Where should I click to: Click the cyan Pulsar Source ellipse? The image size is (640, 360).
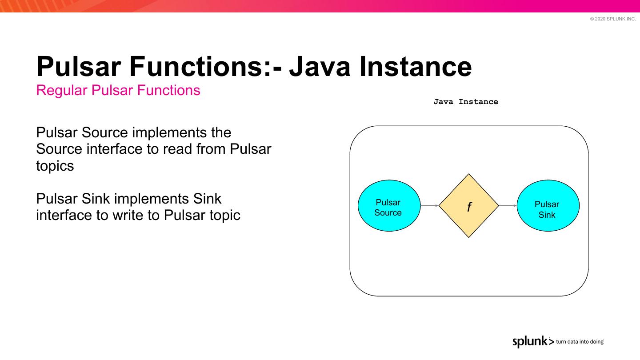pyautogui.click(x=388, y=206)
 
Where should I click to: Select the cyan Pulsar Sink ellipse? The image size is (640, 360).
pyautogui.click(x=548, y=206)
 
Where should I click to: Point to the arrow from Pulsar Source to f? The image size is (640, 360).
pyautogui.click(x=429, y=206)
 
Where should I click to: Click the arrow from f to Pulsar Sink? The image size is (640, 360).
pyautogui.click(x=508, y=206)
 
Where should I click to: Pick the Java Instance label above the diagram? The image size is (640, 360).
pyautogui.click(x=466, y=102)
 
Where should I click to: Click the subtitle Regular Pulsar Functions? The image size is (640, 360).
pyautogui.click(x=118, y=90)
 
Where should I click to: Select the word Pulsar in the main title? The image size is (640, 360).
pyautogui.click(x=79, y=67)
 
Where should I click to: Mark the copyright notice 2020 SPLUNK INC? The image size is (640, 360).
pyautogui.click(x=613, y=19)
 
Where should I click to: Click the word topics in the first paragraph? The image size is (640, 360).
pyautogui.click(x=55, y=166)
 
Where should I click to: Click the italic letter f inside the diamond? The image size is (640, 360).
pyautogui.click(x=469, y=207)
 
